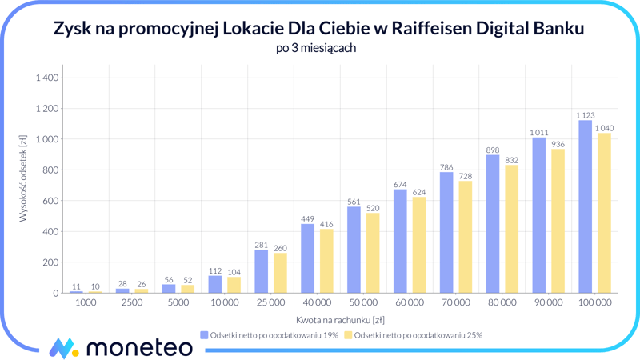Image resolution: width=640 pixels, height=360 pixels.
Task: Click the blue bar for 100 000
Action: pos(585,206)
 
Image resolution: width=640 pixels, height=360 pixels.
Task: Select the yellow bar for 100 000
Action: pos(604,213)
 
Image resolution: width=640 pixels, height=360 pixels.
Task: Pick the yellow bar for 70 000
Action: pos(465,237)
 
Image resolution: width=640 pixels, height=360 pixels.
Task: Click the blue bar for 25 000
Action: pos(261,271)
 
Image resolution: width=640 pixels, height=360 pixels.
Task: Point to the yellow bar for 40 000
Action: pos(326,261)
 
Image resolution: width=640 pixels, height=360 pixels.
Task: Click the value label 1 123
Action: pos(585,115)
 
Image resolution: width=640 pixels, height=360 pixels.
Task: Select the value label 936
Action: pos(558,145)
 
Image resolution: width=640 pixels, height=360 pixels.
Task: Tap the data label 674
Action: pos(400,185)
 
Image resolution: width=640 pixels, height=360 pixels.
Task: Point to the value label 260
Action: pos(280,248)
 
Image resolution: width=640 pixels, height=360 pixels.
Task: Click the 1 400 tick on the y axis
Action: pos(47,78)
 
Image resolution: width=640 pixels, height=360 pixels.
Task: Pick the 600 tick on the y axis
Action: pos(50,201)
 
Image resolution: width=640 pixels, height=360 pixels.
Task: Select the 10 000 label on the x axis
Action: pos(224,303)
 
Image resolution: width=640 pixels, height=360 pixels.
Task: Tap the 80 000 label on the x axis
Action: pos(502,303)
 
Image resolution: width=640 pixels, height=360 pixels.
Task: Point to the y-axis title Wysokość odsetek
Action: pos(23,178)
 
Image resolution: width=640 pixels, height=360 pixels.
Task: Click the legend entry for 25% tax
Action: pos(414,335)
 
